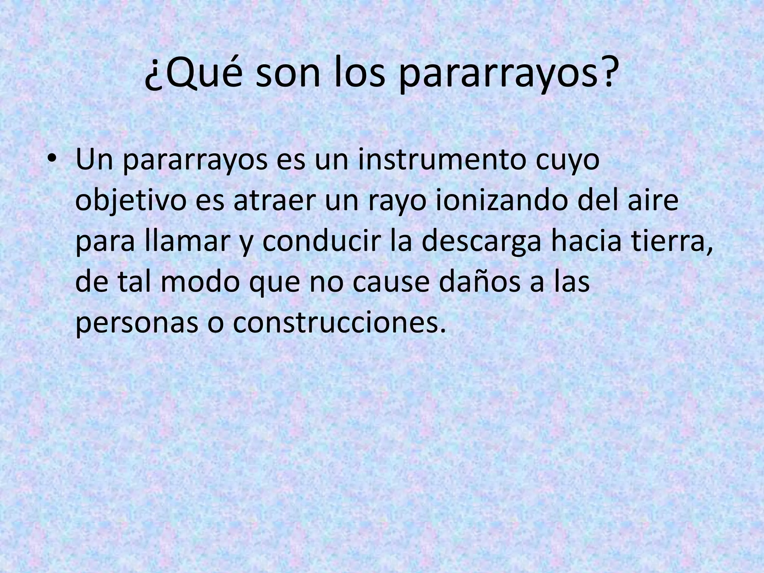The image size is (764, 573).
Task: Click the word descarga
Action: (x=481, y=242)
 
